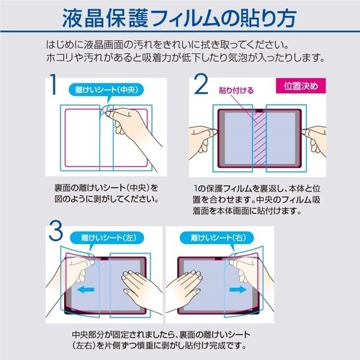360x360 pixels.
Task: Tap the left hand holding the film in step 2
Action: (x=202, y=135)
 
